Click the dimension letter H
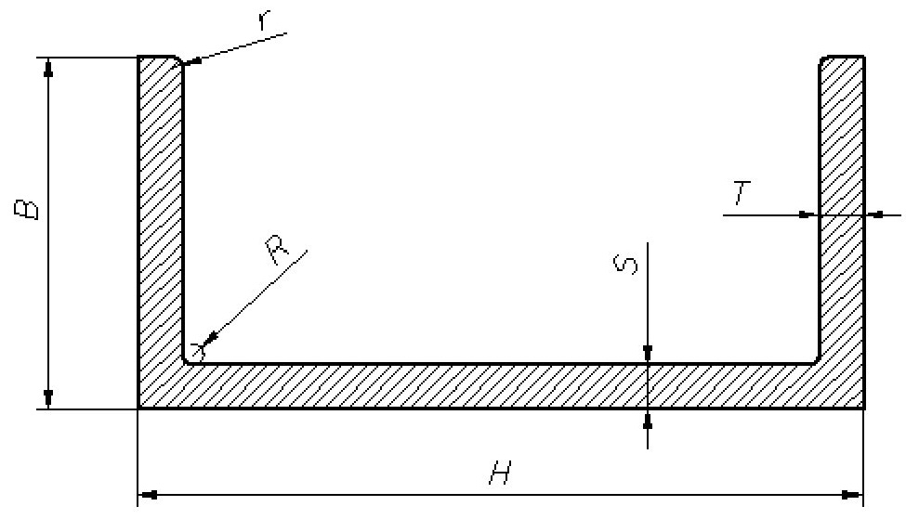pos(499,474)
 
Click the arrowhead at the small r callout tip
pos(187,63)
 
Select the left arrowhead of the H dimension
pos(147,495)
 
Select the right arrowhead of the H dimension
pos(856,495)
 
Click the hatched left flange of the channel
pos(160,204)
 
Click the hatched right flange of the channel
pos(842,139)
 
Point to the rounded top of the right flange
pos(842,58)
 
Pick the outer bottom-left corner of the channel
pos(138,408)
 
